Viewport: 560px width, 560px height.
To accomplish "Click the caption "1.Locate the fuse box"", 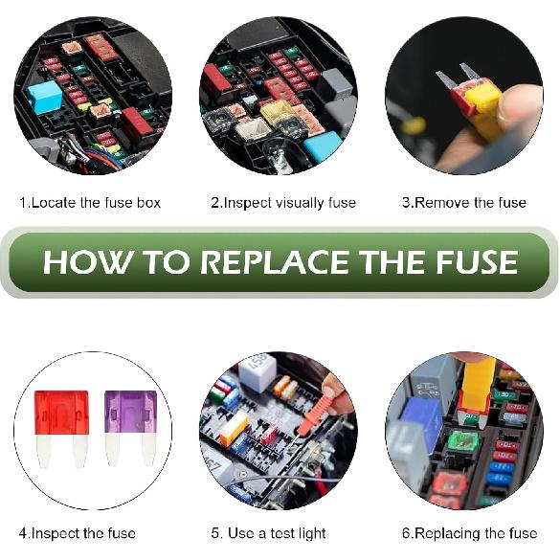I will coord(91,203).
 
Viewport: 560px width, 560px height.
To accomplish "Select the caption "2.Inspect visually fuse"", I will coord(282,203).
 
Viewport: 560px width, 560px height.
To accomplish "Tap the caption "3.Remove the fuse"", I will coord(464,203).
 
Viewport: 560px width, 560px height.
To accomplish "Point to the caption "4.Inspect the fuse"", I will coord(78,533).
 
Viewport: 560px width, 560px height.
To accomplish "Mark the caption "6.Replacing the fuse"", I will coord(469,533).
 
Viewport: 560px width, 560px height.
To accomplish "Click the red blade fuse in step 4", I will coord(61,421).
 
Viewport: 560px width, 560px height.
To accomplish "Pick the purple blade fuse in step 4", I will coord(130,421).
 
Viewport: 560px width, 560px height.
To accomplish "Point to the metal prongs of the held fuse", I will coord(456,75).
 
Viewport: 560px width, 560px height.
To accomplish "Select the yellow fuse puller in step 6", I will coord(476,383).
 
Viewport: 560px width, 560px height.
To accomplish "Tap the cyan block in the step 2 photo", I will coord(322,146).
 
